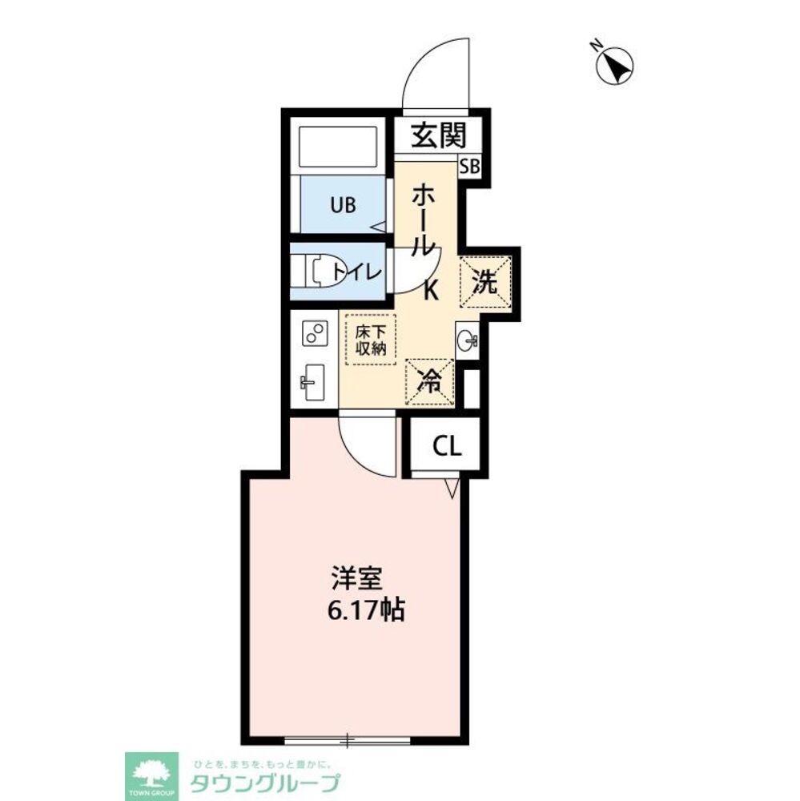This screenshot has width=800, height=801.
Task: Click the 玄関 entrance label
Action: tap(439, 136)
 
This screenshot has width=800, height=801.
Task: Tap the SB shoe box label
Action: tap(469, 167)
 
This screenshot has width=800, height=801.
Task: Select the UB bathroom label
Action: tap(343, 205)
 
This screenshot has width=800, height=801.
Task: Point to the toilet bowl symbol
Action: tap(319, 271)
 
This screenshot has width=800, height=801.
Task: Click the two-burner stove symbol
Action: tap(315, 333)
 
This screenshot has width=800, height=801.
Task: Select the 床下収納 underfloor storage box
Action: tap(372, 340)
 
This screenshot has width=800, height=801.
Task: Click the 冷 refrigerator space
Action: tap(429, 382)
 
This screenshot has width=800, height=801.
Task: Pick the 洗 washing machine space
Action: tap(484, 281)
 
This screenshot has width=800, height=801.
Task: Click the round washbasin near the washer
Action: tap(468, 339)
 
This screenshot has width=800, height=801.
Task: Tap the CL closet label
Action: tap(447, 447)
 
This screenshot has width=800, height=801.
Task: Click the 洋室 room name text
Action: tap(356, 579)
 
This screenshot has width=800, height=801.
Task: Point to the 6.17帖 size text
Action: tap(366, 610)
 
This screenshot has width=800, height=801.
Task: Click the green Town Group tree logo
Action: tap(151, 776)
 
